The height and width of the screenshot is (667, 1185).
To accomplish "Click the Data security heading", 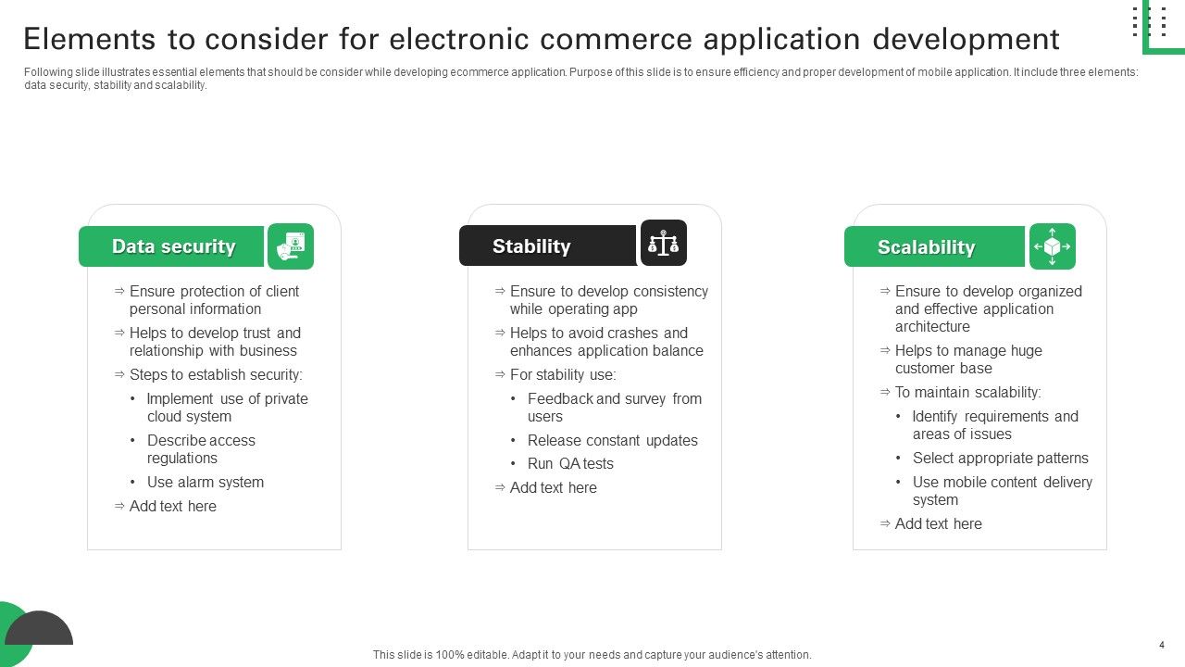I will (173, 246).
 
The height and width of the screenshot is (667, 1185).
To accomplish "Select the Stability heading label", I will (531, 246).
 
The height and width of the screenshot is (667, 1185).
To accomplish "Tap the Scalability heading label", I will (926, 247).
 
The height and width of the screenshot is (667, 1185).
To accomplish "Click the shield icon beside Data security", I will (291, 246).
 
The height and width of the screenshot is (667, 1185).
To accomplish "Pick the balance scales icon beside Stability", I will (664, 243).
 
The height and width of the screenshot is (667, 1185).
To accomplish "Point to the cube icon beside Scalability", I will (1053, 246).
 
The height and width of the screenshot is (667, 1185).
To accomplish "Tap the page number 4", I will (1161, 645).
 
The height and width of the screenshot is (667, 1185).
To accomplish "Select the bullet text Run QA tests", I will (570, 464).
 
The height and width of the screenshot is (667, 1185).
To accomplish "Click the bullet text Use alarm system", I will (206, 483).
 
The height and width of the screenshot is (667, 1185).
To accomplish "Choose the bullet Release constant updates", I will (613, 441).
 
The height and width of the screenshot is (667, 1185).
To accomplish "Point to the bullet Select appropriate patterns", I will (1000, 459).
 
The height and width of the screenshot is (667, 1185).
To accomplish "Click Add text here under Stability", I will (553, 488).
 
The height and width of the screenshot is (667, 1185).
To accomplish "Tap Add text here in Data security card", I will (172, 507).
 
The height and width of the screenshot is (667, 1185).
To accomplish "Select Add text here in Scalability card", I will (938, 524).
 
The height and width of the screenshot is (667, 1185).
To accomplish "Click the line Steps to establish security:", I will (216, 375).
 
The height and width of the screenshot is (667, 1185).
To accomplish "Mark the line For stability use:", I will (562, 375).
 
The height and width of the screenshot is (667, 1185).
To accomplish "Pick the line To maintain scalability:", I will (967, 393).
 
